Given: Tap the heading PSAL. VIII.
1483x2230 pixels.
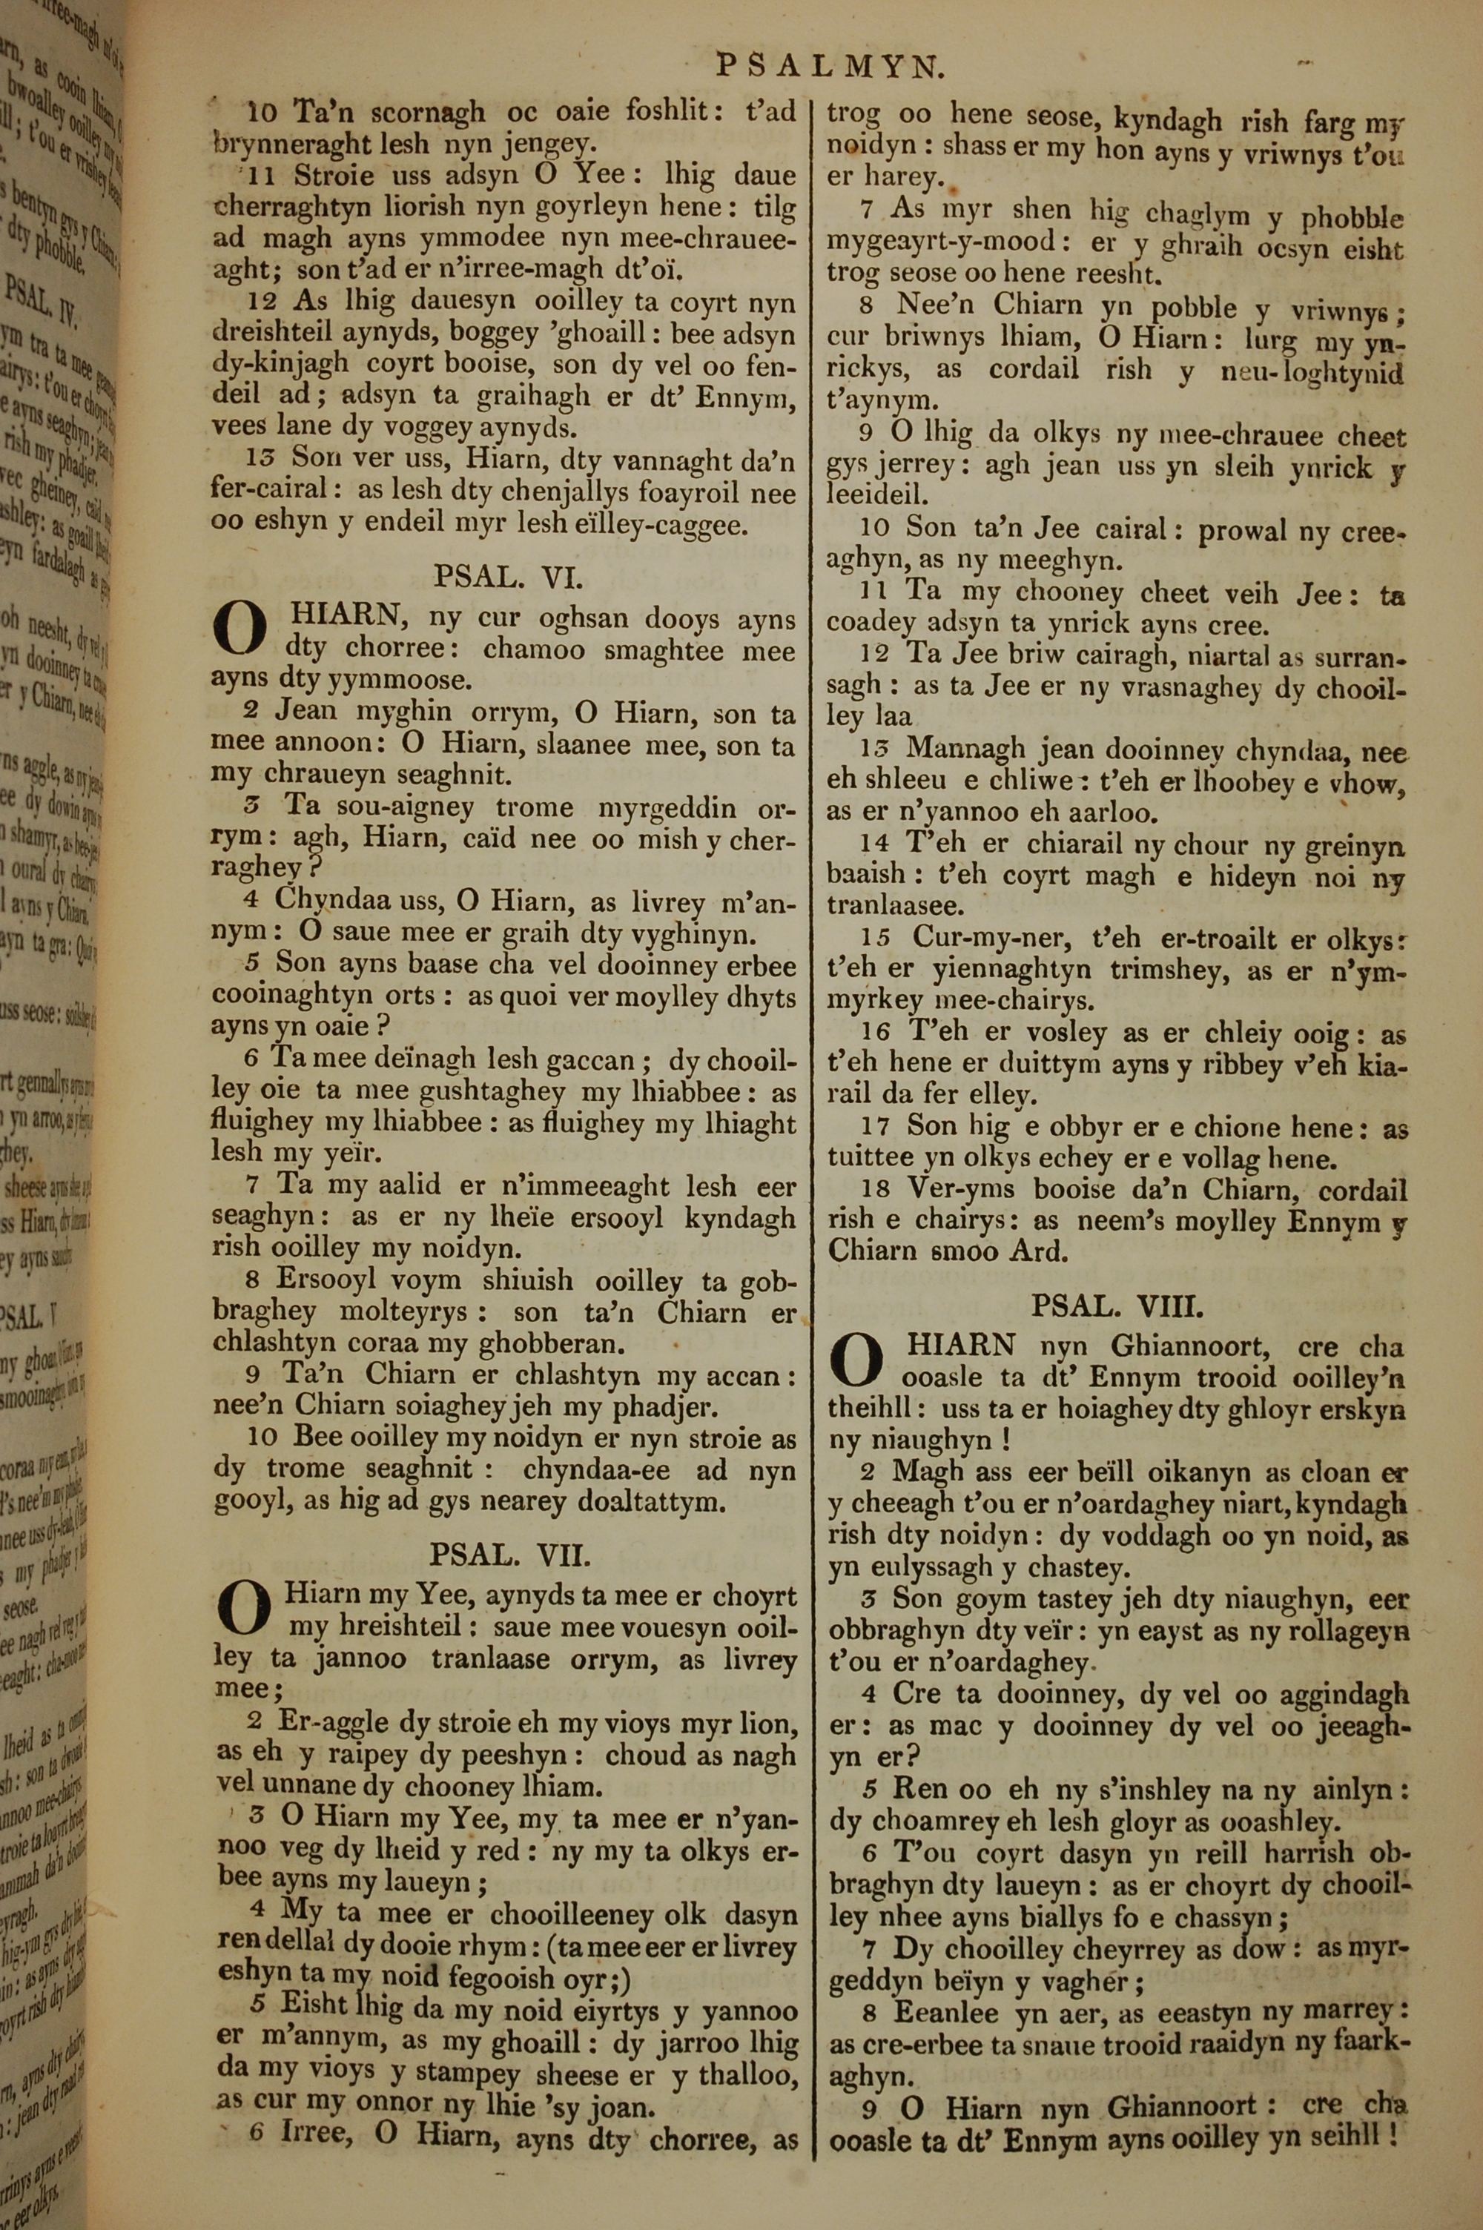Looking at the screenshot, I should click(1117, 1306).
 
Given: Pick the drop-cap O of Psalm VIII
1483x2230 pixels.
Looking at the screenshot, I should click(855, 1360).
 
